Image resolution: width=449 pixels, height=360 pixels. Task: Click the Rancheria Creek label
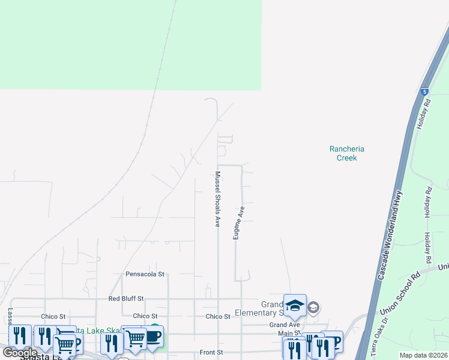coord(347,153)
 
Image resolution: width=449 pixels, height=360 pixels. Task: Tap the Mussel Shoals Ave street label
coord(217,199)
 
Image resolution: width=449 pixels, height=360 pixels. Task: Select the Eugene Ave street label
coord(239,223)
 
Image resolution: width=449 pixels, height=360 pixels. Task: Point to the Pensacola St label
coord(145,274)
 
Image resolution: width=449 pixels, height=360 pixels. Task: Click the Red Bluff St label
coord(126,298)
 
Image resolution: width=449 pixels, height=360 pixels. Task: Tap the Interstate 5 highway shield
coord(424,92)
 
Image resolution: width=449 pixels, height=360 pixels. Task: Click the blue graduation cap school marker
coord(295,306)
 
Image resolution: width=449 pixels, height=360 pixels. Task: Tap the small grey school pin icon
coord(313,308)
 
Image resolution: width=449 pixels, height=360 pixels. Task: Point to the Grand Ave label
coord(284,325)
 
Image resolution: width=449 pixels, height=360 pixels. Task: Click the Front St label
coord(211,352)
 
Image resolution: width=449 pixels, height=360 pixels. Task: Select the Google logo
coord(20,352)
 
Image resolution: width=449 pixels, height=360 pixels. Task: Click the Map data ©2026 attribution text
coord(423,355)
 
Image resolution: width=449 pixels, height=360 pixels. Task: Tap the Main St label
coord(289,333)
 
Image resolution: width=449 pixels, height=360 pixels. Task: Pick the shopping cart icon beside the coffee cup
coord(135,338)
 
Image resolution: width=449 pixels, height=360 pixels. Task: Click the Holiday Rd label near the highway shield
coord(427,111)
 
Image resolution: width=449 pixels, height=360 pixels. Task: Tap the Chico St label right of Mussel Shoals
coord(218,316)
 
